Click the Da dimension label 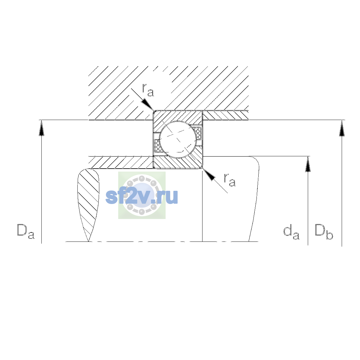click(x=25, y=232)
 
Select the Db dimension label click(x=324, y=232)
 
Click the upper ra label click(x=148, y=90)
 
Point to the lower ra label click(x=230, y=180)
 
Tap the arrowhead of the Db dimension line click(x=342, y=128)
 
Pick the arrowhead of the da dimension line click(x=308, y=164)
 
